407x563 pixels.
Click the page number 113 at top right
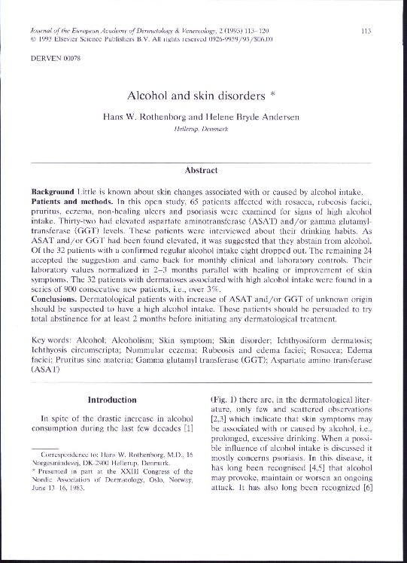366,31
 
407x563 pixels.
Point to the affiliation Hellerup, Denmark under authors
203,130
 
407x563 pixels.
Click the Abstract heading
202,171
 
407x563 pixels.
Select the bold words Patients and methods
74,203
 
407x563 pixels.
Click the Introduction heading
112,400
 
